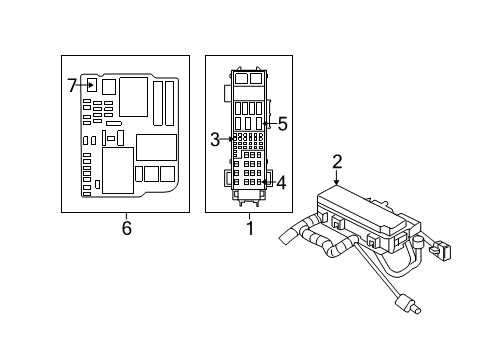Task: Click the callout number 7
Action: click(x=72, y=86)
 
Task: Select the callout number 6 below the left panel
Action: click(x=126, y=228)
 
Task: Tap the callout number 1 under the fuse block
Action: click(x=250, y=228)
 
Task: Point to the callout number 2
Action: click(x=337, y=161)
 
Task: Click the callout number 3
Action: click(x=215, y=140)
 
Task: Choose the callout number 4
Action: click(x=281, y=183)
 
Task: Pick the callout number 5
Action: click(x=282, y=124)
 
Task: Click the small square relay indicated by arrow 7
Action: click(x=91, y=85)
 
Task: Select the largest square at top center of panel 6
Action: click(x=130, y=95)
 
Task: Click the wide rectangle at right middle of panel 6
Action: click(x=155, y=147)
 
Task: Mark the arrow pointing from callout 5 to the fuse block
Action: click(x=268, y=126)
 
